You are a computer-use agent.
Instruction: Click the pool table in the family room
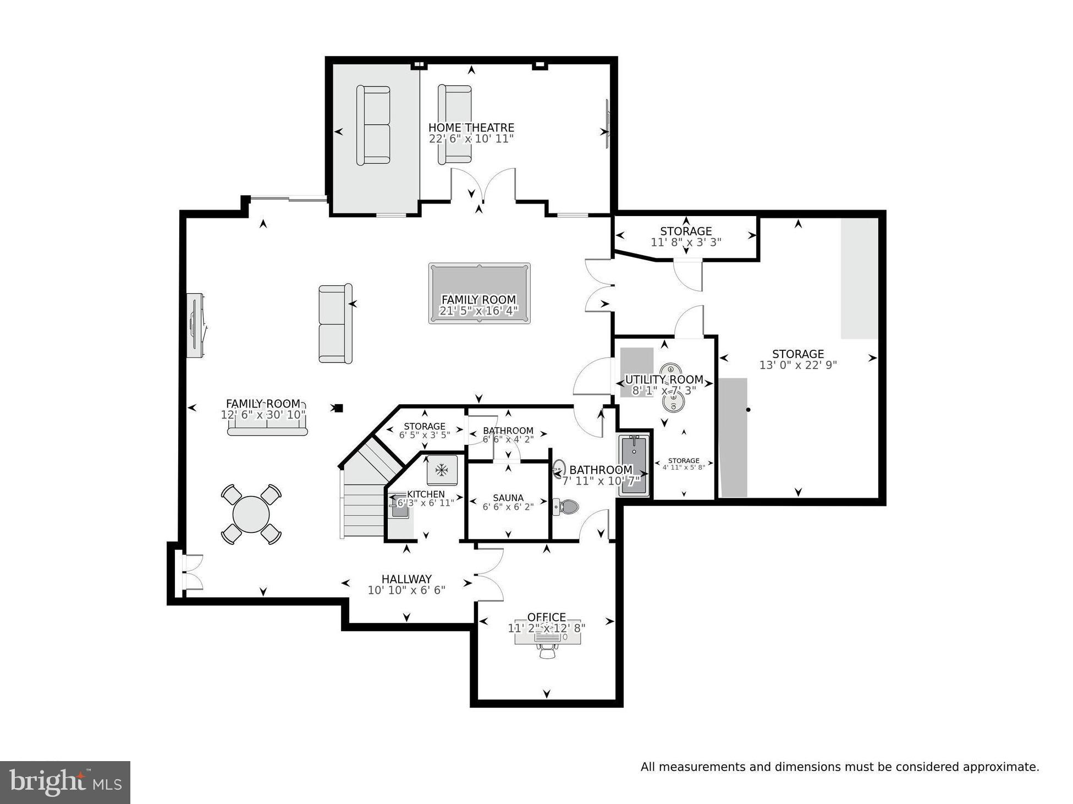[479, 293]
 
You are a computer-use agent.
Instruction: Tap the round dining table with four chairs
[251, 514]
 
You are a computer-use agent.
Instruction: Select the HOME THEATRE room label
[471, 128]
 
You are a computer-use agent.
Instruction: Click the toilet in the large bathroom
[566, 506]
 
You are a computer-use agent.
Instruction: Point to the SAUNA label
[508, 498]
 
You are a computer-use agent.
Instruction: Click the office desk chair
[547, 651]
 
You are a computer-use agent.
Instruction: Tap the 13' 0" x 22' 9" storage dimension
[797, 365]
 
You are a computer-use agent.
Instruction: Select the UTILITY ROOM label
[664, 379]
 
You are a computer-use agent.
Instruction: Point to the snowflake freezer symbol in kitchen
[442, 470]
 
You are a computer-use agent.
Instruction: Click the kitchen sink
[399, 509]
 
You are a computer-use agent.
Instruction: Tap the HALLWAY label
[406, 579]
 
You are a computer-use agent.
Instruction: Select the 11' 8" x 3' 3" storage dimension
[686, 242]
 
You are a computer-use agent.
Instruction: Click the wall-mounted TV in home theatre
[607, 123]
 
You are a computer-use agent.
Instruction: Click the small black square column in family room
[339, 408]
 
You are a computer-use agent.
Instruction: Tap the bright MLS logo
[65, 782]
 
